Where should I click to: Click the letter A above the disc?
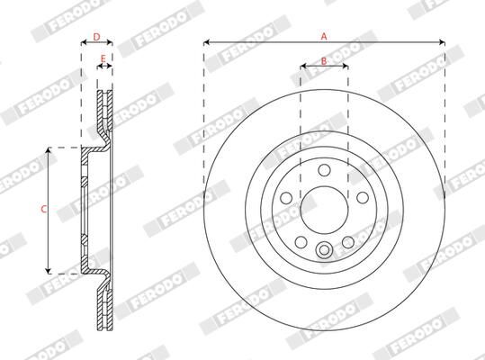pos(324,35)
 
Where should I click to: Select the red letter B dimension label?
pos(324,61)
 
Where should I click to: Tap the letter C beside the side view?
pos(44,210)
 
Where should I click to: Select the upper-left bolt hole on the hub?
pos(286,198)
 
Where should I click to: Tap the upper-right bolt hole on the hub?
pos(362,198)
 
